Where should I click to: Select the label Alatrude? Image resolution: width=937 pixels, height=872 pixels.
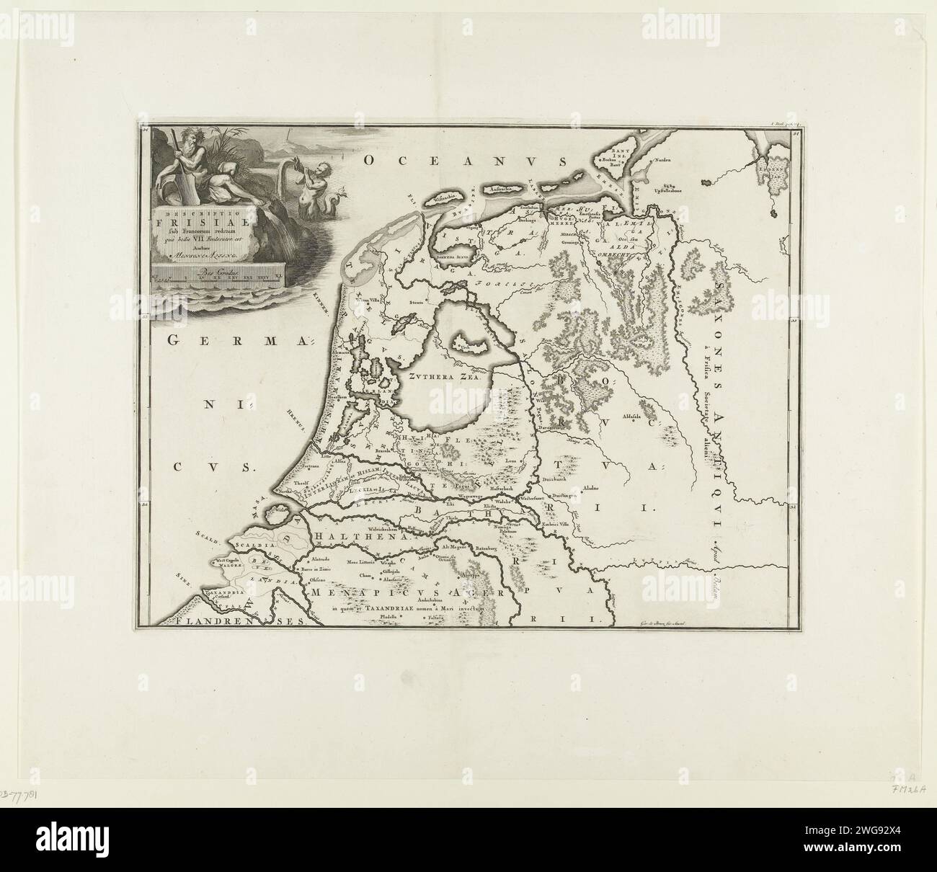(x=321, y=559)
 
